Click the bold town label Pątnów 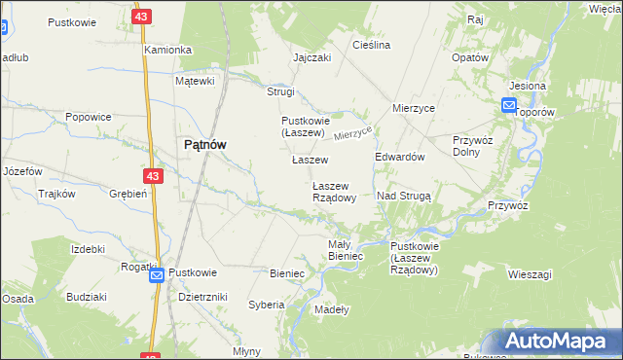click(x=205, y=144)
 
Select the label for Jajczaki click(x=312, y=57)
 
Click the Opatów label click(x=469, y=57)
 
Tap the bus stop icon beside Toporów click(x=510, y=105)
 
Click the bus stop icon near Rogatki click(x=157, y=276)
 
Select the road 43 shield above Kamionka click(x=143, y=18)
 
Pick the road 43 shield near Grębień click(x=152, y=176)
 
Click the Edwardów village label click(x=399, y=158)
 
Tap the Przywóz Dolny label click(x=473, y=146)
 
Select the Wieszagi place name click(x=530, y=274)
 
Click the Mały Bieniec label click(x=346, y=250)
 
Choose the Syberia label click(x=266, y=305)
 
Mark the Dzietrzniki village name click(x=203, y=297)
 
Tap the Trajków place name click(x=56, y=194)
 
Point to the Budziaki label click(x=87, y=296)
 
